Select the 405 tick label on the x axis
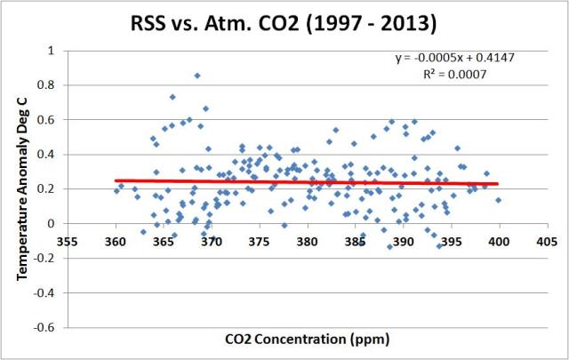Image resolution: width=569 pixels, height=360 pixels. tap(547, 240)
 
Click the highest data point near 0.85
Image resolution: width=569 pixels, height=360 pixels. tap(197, 76)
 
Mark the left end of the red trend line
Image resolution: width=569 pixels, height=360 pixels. tap(116, 180)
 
